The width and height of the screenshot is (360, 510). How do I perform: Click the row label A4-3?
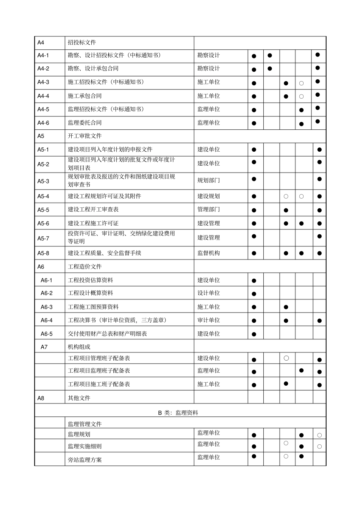tap(43, 82)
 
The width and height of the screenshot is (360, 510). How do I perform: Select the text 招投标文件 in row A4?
tap(82, 42)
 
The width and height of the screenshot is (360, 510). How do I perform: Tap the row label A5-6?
tap(43, 223)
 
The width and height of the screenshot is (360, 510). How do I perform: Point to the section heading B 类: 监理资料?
tap(178, 413)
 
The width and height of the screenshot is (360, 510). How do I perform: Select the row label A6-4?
tap(47, 320)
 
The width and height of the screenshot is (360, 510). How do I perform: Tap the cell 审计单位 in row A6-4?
tap(208, 320)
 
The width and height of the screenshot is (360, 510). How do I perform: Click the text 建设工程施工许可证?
tap(93, 223)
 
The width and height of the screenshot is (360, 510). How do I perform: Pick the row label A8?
tap(41, 398)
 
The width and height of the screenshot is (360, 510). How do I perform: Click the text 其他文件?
tap(79, 398)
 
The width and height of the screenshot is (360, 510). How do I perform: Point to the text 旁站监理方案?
tap(85, 460)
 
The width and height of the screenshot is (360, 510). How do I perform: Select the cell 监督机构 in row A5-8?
tap(208, 253)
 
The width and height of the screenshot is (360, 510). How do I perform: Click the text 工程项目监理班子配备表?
tap(99, 371)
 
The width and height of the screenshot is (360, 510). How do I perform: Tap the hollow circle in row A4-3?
tap(301, 83)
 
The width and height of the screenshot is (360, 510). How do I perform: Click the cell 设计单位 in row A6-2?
tap(208, 293)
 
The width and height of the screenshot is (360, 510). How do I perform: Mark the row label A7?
tap(44, 347)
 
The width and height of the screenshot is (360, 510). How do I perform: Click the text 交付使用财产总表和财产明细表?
tap(107, 334)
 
